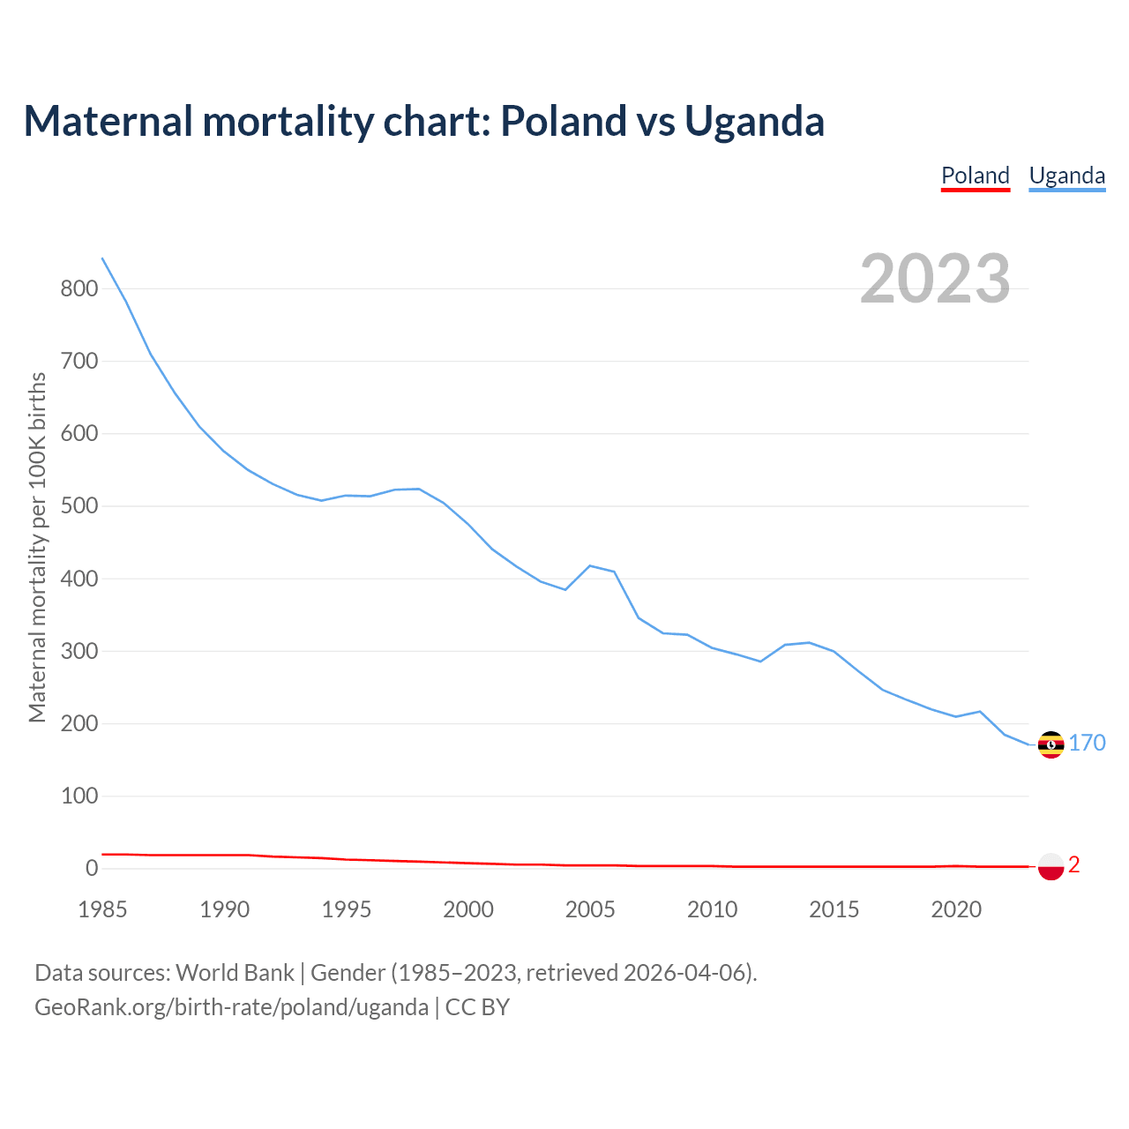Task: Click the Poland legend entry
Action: tap(975, 176)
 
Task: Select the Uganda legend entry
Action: tap(1066, 176)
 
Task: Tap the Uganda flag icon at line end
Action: tap(1050, 744)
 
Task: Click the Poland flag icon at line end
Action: tap(1050, 866)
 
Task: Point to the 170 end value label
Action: tap(1087, 743)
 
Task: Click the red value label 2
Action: tap(1073, 865)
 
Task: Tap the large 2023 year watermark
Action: tap(935, 279)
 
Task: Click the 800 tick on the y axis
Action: tap(79, 288)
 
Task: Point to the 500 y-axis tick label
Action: tap(79, 506)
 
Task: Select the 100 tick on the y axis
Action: tap(79, 796)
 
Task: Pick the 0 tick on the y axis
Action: tap(92, 868)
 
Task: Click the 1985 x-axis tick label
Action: tap(103, 909)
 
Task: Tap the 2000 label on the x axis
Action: tap(468, 909)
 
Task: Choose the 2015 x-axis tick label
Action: tap(834, 909)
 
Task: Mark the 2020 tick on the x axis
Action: tap(955, 909)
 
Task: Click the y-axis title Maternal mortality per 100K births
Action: tap(37, 547)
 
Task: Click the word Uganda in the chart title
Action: tap(754, 121)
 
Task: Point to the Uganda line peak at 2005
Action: tap(589, 565)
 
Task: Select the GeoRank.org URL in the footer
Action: tap(231, 1007)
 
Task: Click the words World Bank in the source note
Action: tap(235, 973)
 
